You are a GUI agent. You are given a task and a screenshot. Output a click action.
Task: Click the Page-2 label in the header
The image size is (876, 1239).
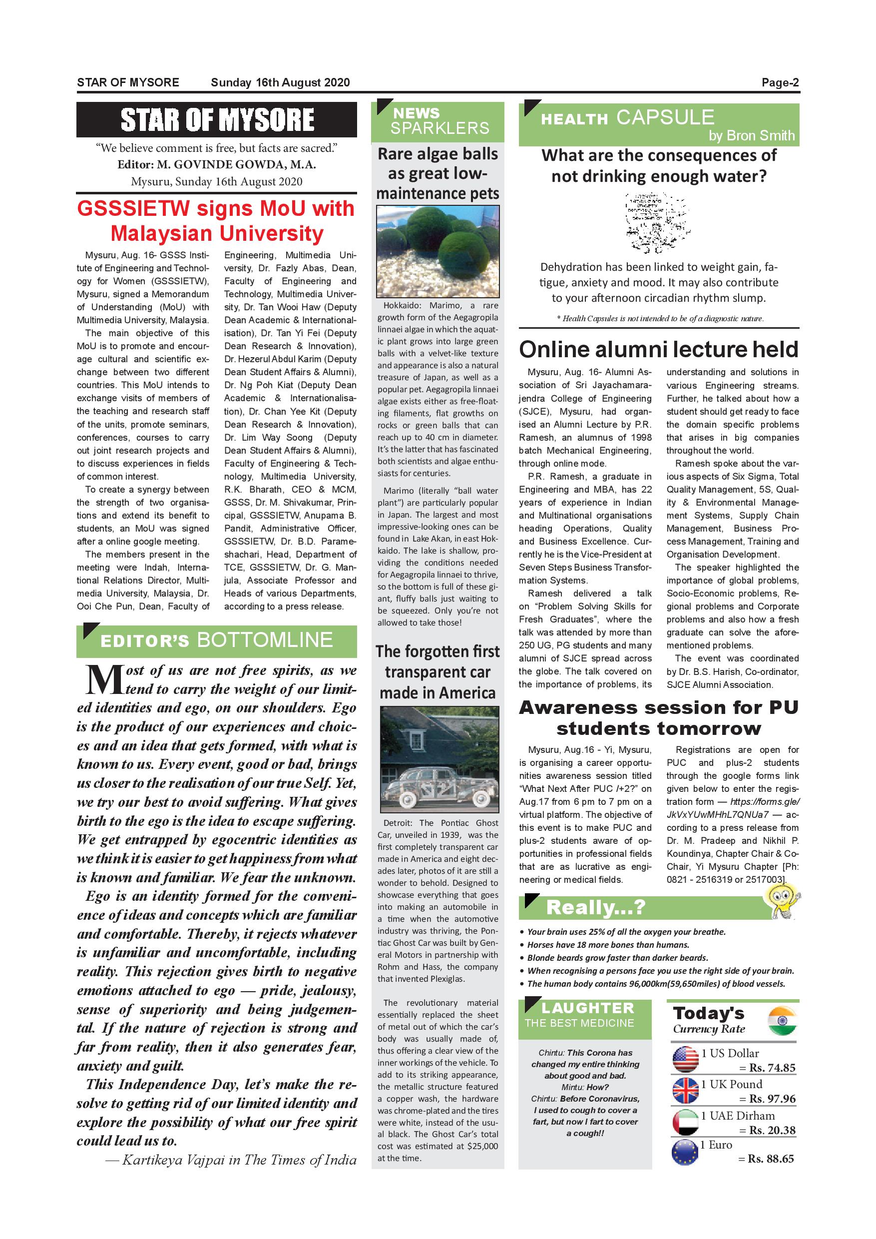click(780, 82)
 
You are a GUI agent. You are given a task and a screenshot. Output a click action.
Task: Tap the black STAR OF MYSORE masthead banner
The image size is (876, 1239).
click(216, 119)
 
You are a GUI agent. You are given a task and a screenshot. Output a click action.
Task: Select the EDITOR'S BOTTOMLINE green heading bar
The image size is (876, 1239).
click(216, 640)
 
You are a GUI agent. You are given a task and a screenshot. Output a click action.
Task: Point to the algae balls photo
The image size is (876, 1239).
click(438, 251)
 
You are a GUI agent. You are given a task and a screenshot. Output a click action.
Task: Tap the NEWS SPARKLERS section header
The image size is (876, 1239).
click(438, 121)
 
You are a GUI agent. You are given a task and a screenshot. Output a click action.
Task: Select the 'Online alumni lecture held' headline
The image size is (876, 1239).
click(658, 349)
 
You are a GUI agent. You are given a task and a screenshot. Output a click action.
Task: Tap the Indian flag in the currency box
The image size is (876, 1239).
click(782, 1021)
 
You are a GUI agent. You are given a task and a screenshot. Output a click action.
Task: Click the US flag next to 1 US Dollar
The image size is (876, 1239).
click(686, 1059)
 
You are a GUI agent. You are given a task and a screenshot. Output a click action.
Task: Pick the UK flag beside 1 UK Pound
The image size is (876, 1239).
click(686, 1090)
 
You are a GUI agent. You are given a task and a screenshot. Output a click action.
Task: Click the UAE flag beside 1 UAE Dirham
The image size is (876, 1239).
click(686, 1122)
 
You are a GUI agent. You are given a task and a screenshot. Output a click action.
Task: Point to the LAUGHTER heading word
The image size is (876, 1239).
click(587, 1008)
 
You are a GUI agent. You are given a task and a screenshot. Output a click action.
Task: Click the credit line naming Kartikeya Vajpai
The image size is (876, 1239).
click(231, 1160)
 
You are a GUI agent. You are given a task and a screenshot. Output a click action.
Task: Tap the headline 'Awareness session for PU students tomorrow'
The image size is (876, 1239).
click(658, 718)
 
